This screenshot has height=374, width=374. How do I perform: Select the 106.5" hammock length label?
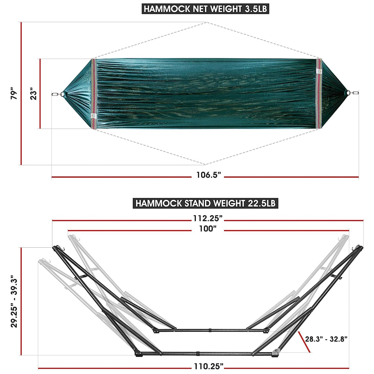(208, 175)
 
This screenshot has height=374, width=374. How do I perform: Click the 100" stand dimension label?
(208, 229)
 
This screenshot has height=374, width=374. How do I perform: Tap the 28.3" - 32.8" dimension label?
(326, 339)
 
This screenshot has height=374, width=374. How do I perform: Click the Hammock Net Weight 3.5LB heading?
(206, 9)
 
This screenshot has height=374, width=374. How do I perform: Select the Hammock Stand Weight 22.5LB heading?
(206, 203)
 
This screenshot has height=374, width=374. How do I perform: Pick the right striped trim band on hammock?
(319, 94)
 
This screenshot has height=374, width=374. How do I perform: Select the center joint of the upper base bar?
(210, 331)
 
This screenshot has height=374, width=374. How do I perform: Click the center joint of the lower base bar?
(197, 353)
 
